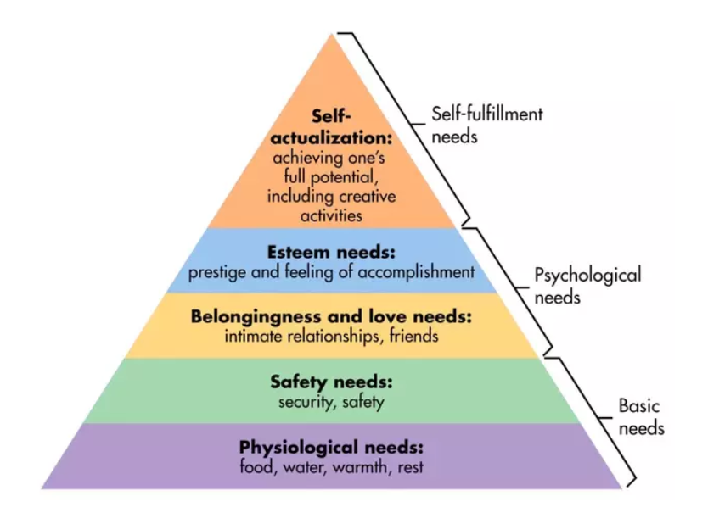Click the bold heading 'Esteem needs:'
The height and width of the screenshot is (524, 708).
coord(331,252)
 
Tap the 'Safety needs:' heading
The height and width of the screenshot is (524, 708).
coord(331,382)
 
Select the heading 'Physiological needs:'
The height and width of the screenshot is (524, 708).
coord(331,448)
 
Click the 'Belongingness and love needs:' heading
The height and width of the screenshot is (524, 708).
coord(331,316)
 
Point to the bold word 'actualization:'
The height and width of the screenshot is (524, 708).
coord(331,137)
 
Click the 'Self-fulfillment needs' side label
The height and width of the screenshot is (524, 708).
coord(486,125)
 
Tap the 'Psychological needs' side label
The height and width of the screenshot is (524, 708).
coord(587,286)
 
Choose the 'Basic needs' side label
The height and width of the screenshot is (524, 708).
coord(641,416)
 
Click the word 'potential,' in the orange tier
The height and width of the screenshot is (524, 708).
coord(344,176)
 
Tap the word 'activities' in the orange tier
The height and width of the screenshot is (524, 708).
coord(331,215)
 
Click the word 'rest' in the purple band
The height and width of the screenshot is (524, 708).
coord(410,467)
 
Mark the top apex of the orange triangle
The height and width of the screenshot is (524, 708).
coord(332,33)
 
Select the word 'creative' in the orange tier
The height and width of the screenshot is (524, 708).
coord(367,196)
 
